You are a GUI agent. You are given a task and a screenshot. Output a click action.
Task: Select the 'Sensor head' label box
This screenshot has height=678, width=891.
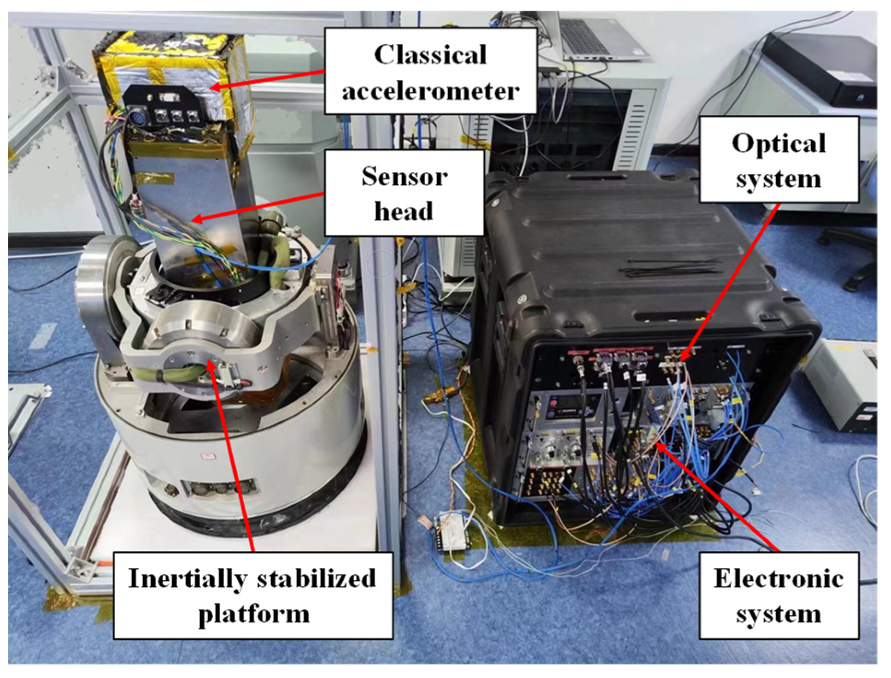coord(404,193)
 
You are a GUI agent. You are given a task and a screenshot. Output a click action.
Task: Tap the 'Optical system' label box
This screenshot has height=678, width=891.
coord(779,159)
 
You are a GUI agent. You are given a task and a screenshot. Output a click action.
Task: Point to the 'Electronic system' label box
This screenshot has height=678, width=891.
coord(779,595)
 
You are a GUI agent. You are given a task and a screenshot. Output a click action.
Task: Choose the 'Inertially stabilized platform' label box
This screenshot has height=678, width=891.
coord(253,595)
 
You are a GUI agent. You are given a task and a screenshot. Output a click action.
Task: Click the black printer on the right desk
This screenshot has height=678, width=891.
coord(825,69)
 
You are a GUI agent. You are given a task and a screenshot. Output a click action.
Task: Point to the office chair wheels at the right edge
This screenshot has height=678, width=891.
coord(852,258)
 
